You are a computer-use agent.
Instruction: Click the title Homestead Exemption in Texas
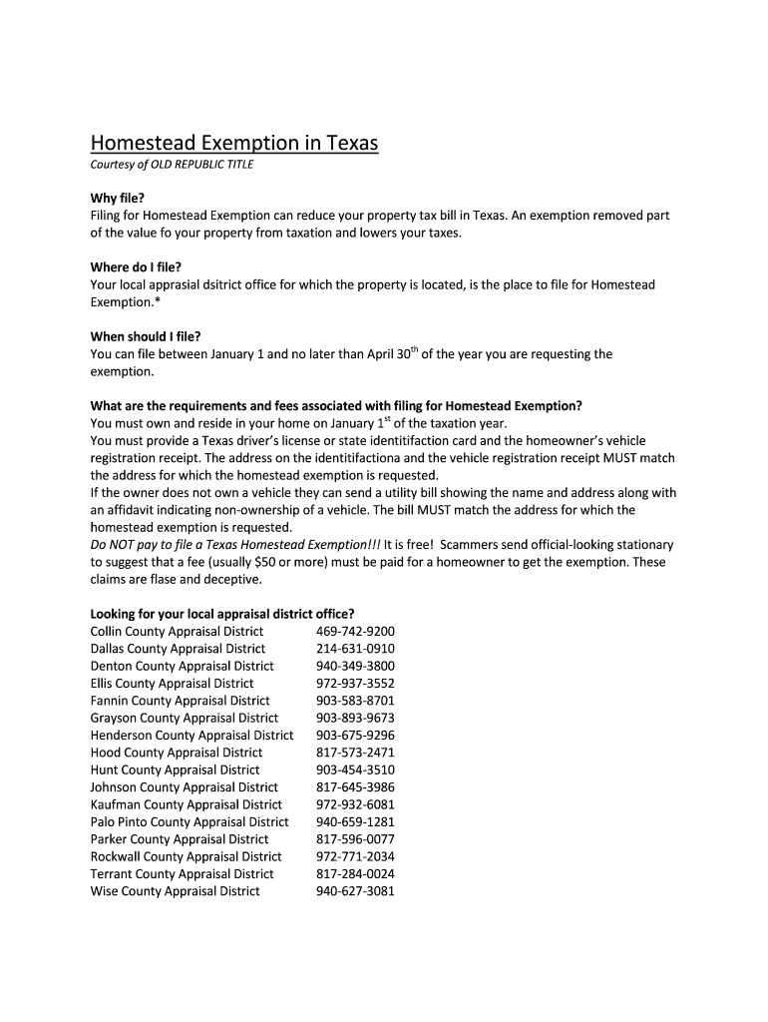tap(234, 144)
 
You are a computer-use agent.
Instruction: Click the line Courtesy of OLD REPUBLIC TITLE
tap(172, 165)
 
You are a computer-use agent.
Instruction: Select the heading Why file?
tap(118, 199)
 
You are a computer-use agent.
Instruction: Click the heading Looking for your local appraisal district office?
tap(222, 614)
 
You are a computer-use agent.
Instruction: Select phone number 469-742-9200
tap(355, 632)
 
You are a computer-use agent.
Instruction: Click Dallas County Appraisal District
tap(178, 649)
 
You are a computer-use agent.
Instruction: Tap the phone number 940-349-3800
tap(355, 666)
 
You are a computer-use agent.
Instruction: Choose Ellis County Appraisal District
tap(172, 684)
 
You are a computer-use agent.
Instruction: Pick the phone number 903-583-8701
tap(355, 701)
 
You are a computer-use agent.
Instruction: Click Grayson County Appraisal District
tap(185, 718)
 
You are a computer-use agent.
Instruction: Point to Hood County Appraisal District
tap(177, 753)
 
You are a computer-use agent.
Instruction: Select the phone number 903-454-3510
tap(355, 769)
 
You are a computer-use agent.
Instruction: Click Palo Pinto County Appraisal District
tap(190, 821)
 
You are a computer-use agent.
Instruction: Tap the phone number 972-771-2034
tap(355, 856)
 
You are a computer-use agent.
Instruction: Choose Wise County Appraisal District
tap(175, 891)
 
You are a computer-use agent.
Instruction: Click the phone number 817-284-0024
tap(355, 873)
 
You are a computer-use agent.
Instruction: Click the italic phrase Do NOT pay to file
tap(146, 545)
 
